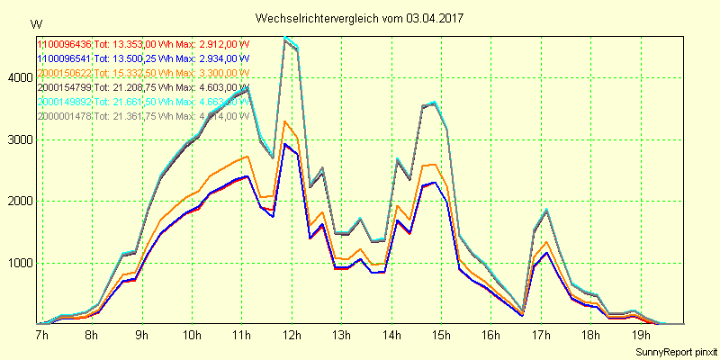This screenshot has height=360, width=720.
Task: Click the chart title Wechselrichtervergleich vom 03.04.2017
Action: [360, 18]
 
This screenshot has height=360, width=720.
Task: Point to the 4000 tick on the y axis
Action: [19, 78]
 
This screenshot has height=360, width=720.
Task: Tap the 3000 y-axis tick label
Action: [19, 139]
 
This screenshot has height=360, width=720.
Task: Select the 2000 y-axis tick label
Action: [19, 202]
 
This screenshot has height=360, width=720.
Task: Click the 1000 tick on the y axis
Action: [19, 263]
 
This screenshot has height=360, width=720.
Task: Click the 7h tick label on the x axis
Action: [41, 335]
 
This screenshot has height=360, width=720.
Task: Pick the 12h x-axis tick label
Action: [292, 335]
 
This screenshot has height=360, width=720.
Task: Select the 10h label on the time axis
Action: [192, 335]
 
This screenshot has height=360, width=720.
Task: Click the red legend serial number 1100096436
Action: [64, 44]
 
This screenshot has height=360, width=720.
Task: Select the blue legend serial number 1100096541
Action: [64, 58]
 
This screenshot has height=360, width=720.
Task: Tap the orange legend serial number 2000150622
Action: [64, 73]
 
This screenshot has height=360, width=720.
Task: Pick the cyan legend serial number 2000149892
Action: [64, 102]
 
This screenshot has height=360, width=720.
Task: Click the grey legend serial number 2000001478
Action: [64, 116]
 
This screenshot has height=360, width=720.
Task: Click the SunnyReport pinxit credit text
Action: [672, 350]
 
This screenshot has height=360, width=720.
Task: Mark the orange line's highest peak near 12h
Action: [285, 121]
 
